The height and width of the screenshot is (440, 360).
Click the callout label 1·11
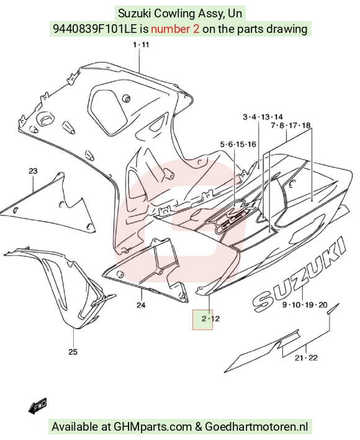click(x=141, y=45)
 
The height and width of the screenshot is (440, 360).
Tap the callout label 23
click(x=33, y=171)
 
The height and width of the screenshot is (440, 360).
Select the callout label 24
click(x=141, y=305)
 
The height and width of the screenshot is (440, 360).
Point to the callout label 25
click(x=73, y=352)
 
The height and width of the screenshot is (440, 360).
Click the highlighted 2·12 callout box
click(x=202, y=320)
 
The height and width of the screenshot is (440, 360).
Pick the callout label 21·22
click(x=306, y=358)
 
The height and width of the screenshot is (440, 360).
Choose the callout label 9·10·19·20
click(x=305, y=305)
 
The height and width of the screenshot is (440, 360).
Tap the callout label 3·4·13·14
click(x=263, y=117)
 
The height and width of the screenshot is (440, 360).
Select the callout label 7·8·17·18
click(x=290, y=125)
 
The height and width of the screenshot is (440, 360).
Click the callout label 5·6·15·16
click(x=238, y=144)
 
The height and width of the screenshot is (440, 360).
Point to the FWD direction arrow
click(x=37, y=406)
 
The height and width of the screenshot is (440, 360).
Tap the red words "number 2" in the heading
click(x=176, y=29)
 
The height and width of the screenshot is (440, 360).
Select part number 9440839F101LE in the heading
click(x=95, y=29)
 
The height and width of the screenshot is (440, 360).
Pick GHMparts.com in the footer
click(x=152, y=427)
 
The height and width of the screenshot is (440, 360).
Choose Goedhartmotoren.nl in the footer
click(x=256, y=427)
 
